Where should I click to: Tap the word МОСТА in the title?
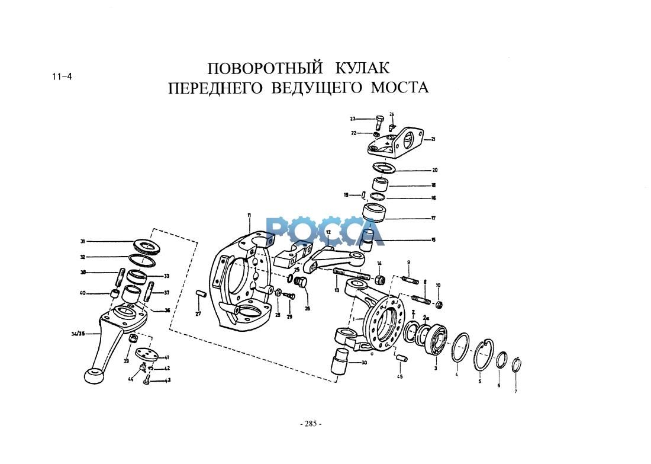point(399,88)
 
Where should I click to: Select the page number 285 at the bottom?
point(311,424)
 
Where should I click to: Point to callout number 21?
point(433,140)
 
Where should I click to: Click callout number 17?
point(433,218)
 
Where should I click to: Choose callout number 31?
point(83,241)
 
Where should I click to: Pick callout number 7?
point(515,392)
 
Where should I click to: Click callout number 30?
point(363,363)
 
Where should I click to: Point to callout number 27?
point(198,313)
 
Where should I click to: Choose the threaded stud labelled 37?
point(149,292)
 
